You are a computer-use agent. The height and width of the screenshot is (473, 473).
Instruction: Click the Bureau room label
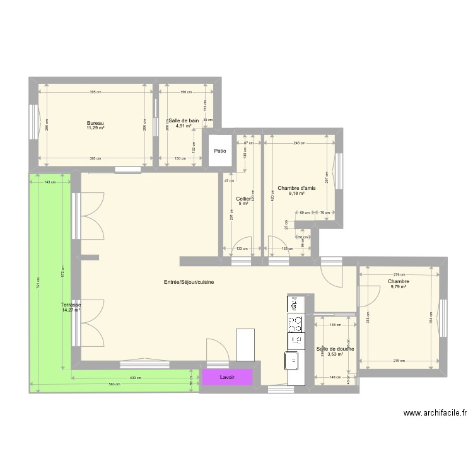click(x=95, y=123)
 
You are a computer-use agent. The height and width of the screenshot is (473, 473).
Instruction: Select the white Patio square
click(x=219, y=151)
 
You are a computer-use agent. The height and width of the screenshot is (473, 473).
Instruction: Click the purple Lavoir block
click(x=227, y=377)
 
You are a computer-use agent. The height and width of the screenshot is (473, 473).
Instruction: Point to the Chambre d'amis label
click(x=296, y=187)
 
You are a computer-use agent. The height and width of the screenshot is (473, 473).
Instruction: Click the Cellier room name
click(x=243, y=199)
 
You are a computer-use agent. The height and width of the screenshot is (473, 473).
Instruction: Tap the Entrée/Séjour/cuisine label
click(x=189, y=282)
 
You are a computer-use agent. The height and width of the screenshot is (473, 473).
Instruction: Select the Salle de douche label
click(x=335, y=349)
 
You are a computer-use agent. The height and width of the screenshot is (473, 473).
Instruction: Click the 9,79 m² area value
click(x=399, y=287)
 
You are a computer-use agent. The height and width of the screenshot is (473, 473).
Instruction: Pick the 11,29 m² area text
click(x=95, y=128)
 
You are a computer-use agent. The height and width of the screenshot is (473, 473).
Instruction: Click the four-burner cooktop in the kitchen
click(x=295, y=324)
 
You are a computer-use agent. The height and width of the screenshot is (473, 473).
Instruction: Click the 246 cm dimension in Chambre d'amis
click(x=299, y=143)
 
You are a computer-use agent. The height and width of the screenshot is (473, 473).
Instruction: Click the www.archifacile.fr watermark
click(x=435, y=414)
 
